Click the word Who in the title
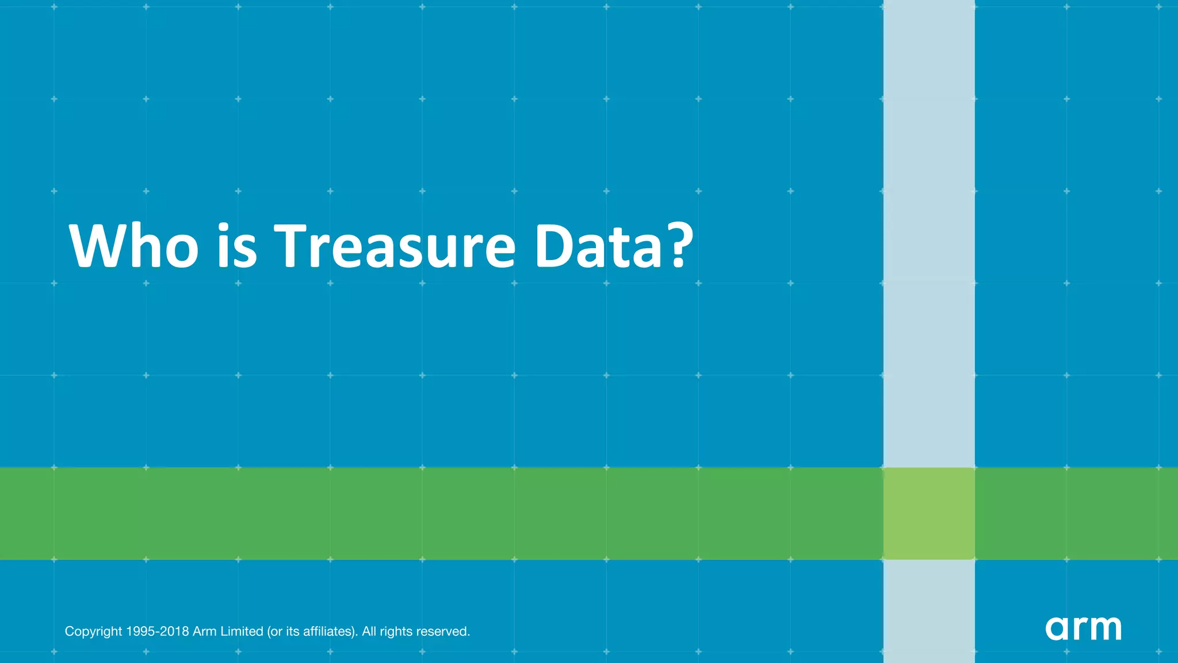[x=133, y=246]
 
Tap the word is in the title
[x=236, y=246]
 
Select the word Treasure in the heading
[x=394, y=246]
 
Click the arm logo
[x=1083, y=628]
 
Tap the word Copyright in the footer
[x=93, y=632]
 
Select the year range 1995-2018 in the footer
[x=157, y=631]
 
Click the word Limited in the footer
[x=242, y=631]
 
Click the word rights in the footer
[x=396, y=632]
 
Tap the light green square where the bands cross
[x=929, y=513]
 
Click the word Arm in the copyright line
[x=204, y=631]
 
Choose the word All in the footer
[x=369, y=631]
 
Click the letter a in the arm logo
[x=1057, y=628]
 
